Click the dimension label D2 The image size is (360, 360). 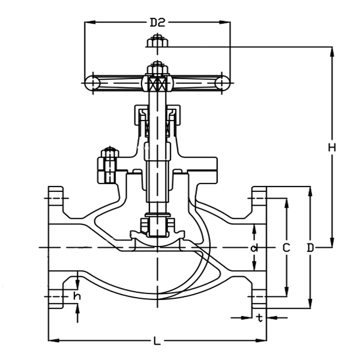(x=157, y=23)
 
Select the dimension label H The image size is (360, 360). (x=332, y=147)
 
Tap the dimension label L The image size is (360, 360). (x=157, y=341)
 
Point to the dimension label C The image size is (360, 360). (x=286, y=247)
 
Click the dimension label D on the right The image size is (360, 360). (x=310, y=247)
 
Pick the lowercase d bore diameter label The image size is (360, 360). (x=254, y=247)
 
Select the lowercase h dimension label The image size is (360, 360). (x=77, y=296)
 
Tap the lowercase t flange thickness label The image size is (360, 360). (x=259, y=317)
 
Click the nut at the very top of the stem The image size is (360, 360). (x=157, y=42)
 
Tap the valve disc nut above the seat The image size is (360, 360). (x=157, y=226)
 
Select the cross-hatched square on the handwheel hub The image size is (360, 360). (x=157, y=83)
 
